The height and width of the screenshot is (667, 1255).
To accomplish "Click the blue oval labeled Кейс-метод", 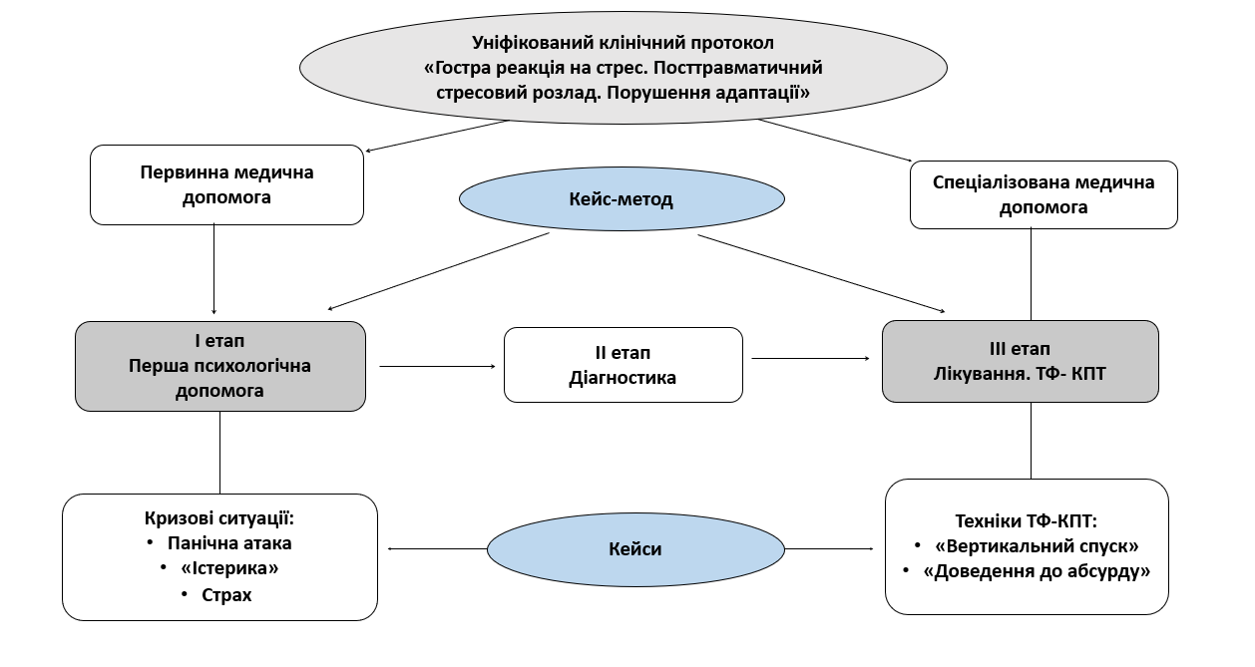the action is coord(622,198).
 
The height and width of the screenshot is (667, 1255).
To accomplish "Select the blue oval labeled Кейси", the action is coord(635,549).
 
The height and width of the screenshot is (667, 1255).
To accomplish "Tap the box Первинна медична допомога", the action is coord(226,184).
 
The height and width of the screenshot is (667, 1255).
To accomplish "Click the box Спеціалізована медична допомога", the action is coord(1044,194).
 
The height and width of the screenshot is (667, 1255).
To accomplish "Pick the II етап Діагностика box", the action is coord(624,365).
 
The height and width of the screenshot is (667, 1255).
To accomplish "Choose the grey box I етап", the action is coord(220,366).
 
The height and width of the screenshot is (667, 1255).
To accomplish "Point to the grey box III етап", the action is coord(1021,361).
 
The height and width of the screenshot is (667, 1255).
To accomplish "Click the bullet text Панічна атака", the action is coord(229,543).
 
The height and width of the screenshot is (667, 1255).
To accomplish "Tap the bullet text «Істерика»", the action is coord(229,568).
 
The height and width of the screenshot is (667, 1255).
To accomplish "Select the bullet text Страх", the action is coord(226,595).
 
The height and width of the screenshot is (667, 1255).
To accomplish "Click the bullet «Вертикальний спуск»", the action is coord(1037,546).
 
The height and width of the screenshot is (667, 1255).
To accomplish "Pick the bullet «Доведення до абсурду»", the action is coord(1037,571).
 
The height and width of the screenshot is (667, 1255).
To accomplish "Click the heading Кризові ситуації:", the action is coord(219,518).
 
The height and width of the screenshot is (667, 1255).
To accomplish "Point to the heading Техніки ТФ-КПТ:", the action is coord(1026,521).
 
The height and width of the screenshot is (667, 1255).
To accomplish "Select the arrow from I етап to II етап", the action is coord(438,366).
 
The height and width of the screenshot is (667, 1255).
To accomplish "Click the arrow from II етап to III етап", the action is coord(811,358).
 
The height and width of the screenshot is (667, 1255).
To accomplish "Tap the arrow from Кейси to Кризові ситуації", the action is coord(438,548).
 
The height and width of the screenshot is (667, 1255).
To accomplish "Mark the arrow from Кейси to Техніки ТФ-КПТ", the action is coord(829,548).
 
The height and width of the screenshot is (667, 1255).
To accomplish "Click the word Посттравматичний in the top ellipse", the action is coord(738,68).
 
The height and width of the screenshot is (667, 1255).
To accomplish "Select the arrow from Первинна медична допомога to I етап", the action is coord(214,269).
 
